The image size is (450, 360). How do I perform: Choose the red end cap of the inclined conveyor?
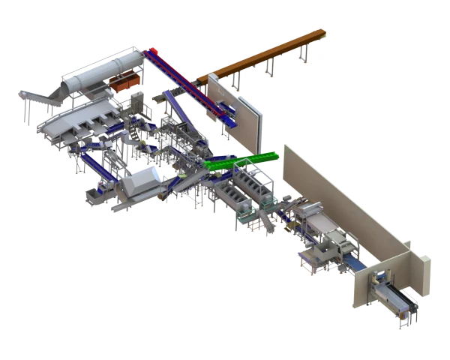click(154, 52)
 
